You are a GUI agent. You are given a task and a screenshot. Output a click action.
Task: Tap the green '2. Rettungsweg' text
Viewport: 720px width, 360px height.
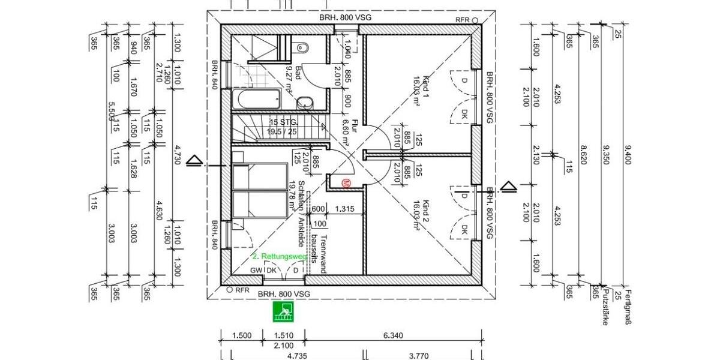click(x=280, y=256)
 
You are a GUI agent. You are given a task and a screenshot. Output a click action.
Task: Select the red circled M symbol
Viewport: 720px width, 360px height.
click(x=346, y=185)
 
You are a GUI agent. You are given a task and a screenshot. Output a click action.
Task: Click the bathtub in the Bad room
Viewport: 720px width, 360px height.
click(x=256, y=99)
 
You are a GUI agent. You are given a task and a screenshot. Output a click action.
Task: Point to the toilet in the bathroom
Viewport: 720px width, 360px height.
click(x=302, y=47)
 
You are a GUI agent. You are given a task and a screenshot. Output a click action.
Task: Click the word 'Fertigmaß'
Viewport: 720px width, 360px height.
click(x=628, y=307)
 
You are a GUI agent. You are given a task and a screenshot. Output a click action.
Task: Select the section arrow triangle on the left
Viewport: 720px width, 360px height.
click(x=193, y=160)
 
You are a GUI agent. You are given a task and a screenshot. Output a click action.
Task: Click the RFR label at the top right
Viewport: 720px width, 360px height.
click(x=462, y=20)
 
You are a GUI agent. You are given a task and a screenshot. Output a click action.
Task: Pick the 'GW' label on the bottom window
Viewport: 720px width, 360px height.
click(x=256, y=270)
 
